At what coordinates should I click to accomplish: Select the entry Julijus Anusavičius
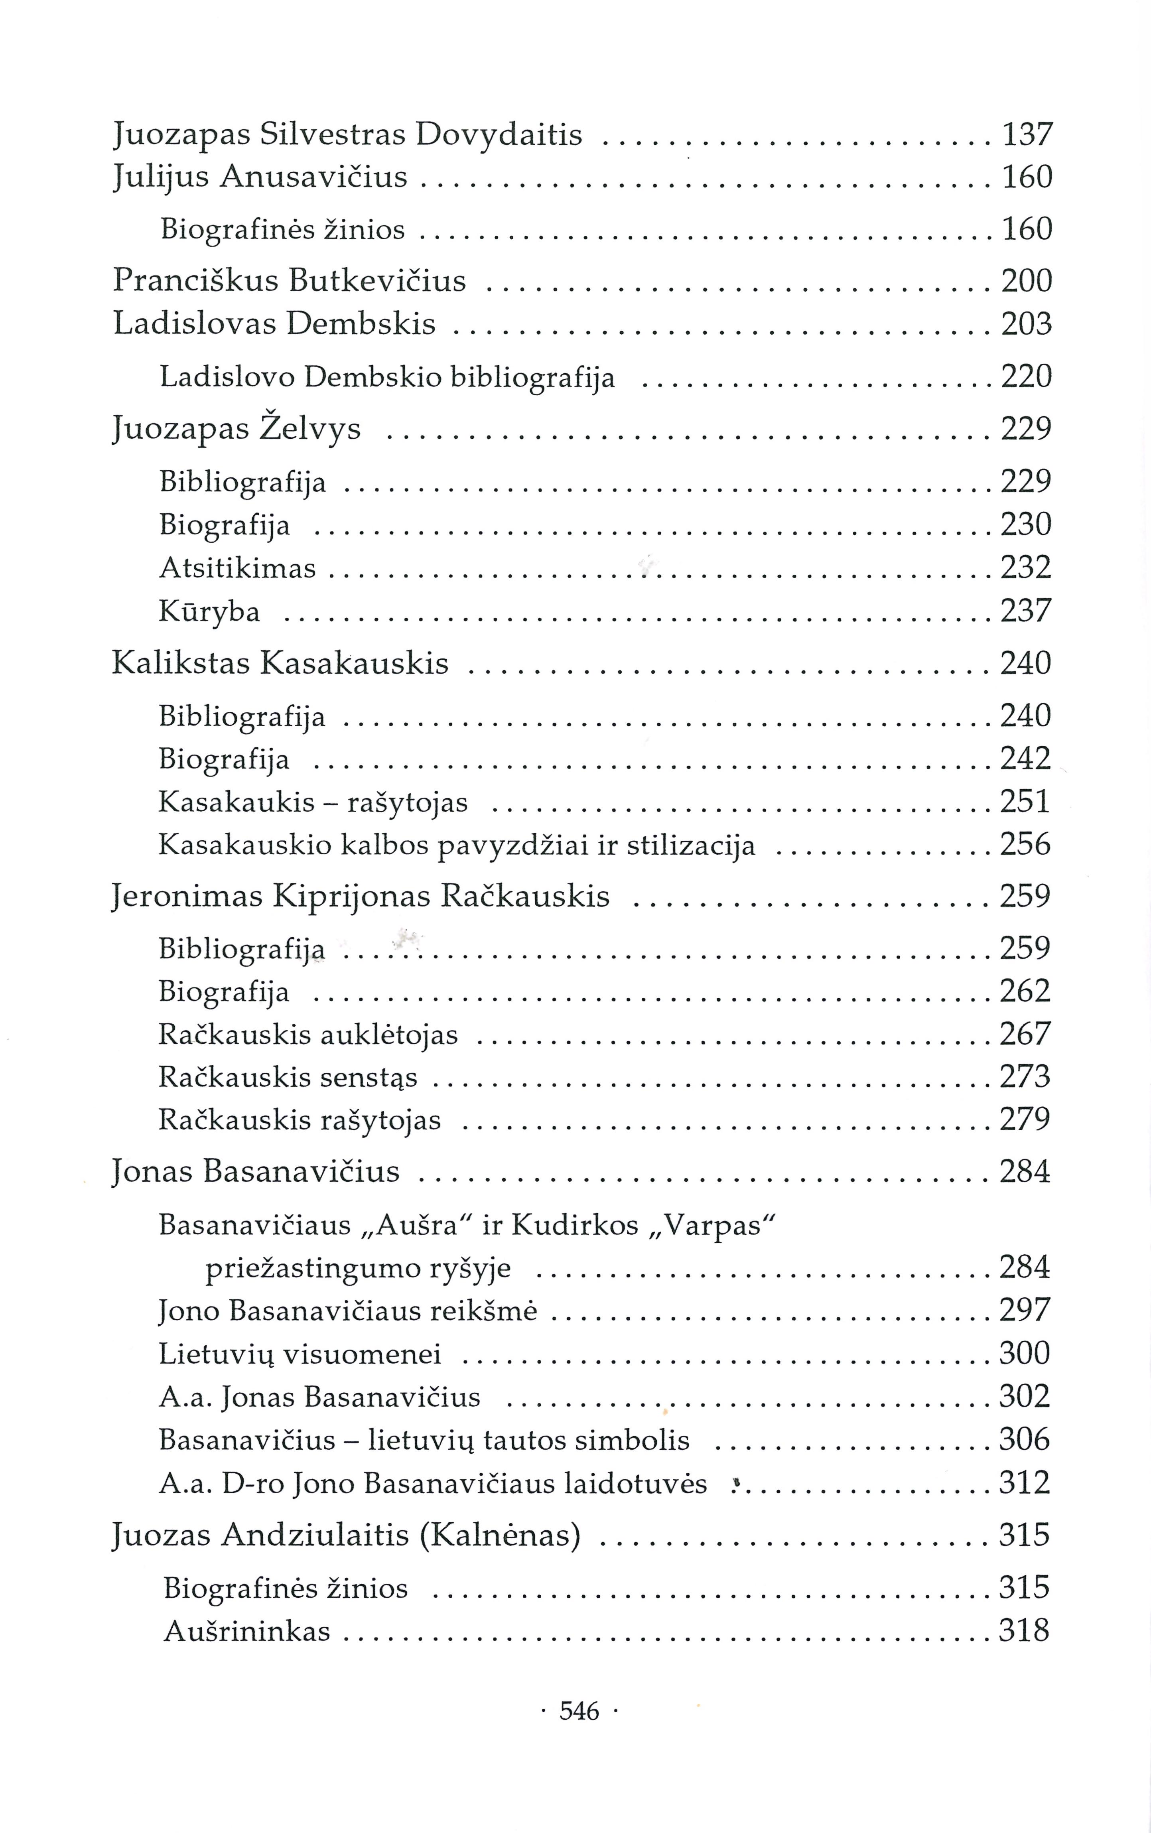260,178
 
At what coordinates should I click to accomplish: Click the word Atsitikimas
238,568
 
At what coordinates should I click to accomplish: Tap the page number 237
1025,611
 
